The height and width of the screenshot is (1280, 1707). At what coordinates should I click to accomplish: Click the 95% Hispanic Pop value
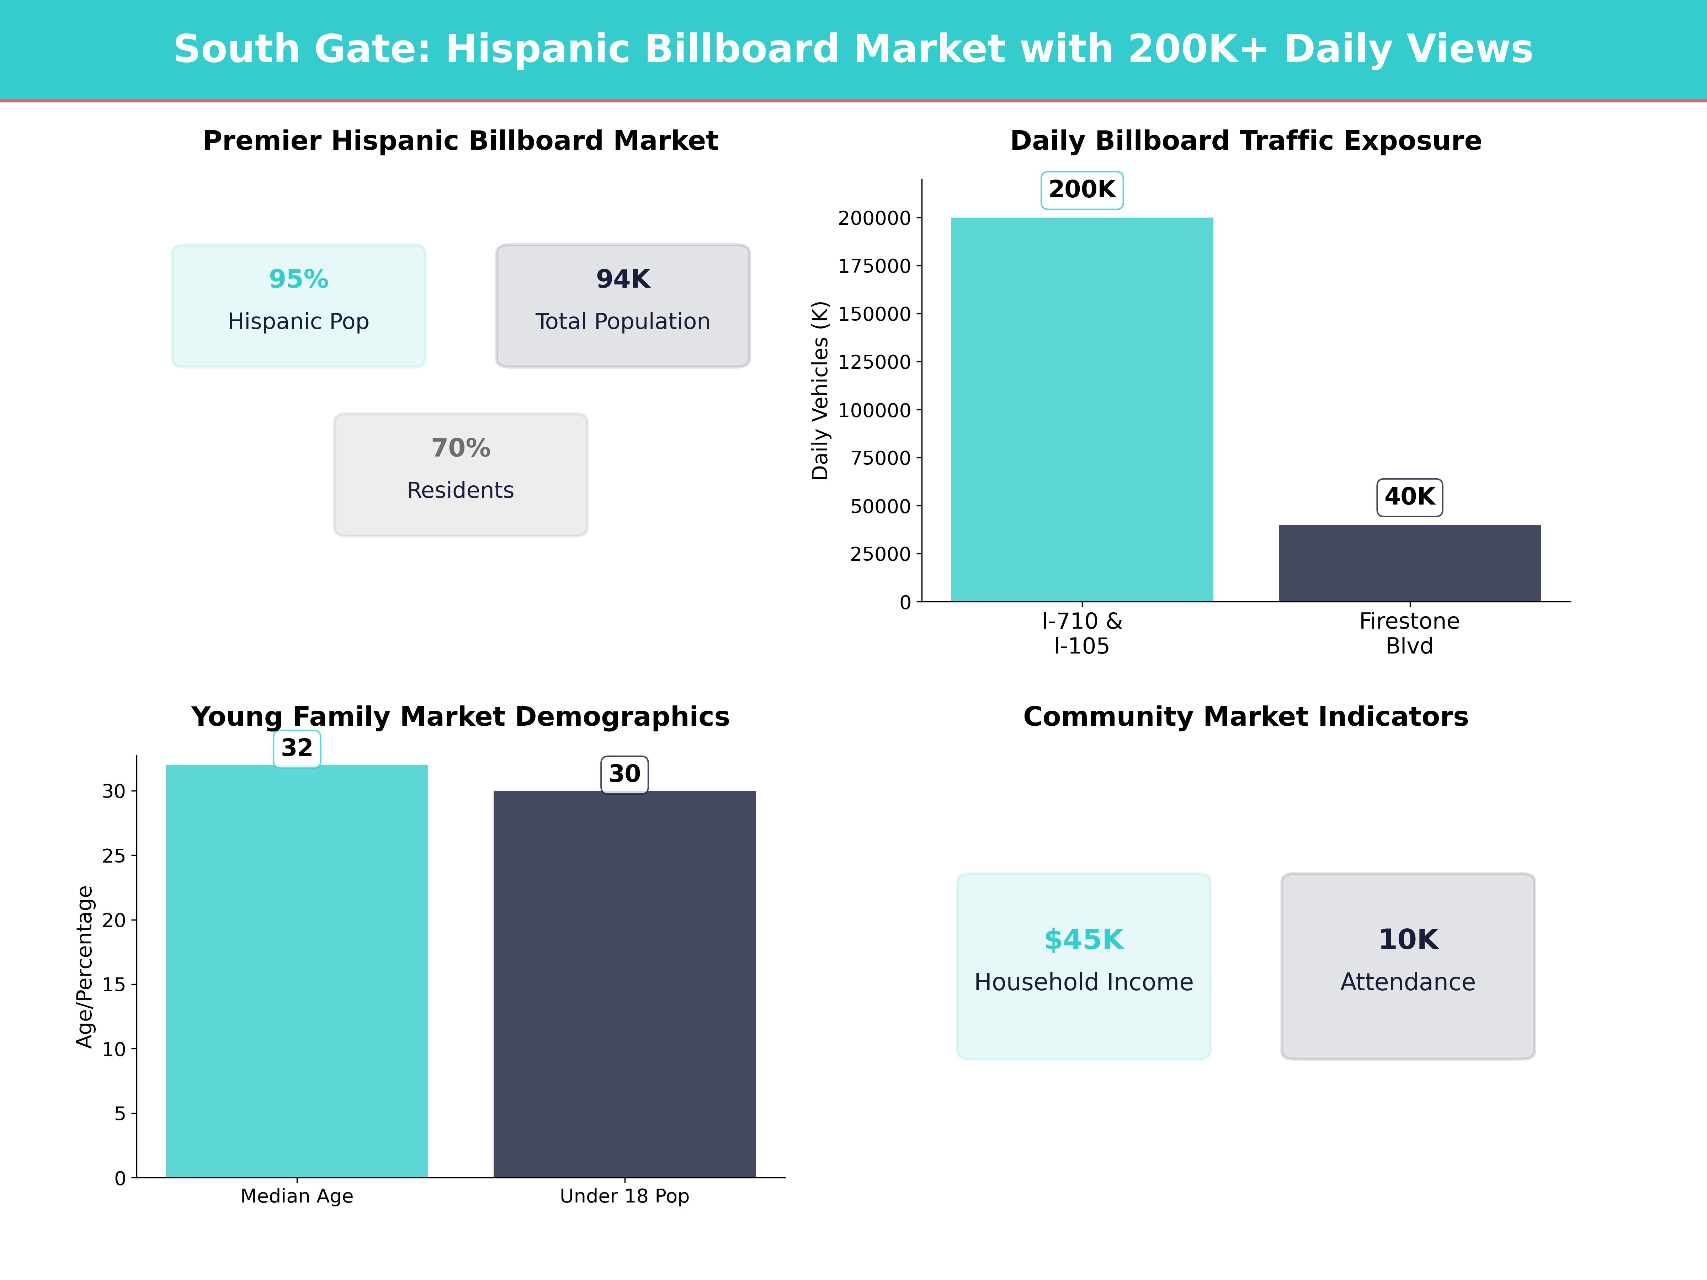299,279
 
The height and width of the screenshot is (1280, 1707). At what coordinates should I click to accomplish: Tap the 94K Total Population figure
623,279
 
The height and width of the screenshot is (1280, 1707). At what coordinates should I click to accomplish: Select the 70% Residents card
461,475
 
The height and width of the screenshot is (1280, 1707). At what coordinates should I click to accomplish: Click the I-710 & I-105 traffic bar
1082,409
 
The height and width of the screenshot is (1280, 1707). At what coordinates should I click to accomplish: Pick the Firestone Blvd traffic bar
1409,563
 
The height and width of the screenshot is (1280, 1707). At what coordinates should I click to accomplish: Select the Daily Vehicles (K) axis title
820,390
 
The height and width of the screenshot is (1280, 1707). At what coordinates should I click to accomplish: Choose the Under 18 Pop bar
624,984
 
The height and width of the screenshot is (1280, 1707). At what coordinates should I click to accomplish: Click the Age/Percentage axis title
85,967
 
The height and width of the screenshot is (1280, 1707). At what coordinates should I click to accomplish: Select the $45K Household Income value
1084,940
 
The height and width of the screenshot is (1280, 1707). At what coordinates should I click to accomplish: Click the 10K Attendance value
1408,940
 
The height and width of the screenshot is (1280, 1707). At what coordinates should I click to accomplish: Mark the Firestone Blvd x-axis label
1409,634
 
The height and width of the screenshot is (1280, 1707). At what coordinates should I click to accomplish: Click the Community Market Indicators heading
1245,717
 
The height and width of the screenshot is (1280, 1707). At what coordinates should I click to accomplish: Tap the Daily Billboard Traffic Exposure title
1245,141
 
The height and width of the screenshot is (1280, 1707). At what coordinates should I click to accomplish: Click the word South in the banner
236,49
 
